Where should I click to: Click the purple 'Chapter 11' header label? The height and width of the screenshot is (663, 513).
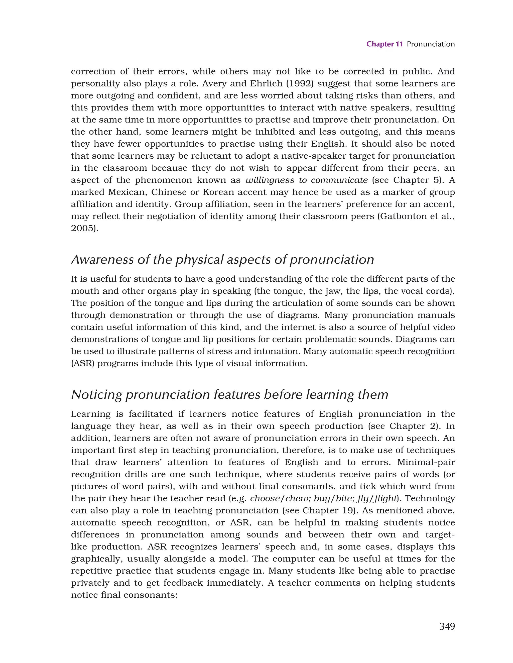pos(384,44)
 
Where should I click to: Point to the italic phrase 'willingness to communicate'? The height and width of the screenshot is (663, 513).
pos(307,180)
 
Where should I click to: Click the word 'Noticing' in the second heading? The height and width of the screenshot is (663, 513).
pos(96,395)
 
